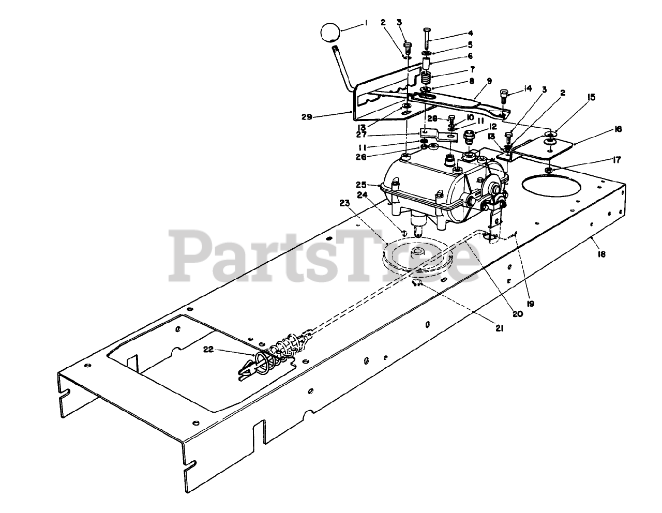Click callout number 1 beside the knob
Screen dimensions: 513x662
(x=366, y=22)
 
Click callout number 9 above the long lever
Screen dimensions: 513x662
(x=489, y=81)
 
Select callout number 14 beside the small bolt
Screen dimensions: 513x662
(x=527, y=88)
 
